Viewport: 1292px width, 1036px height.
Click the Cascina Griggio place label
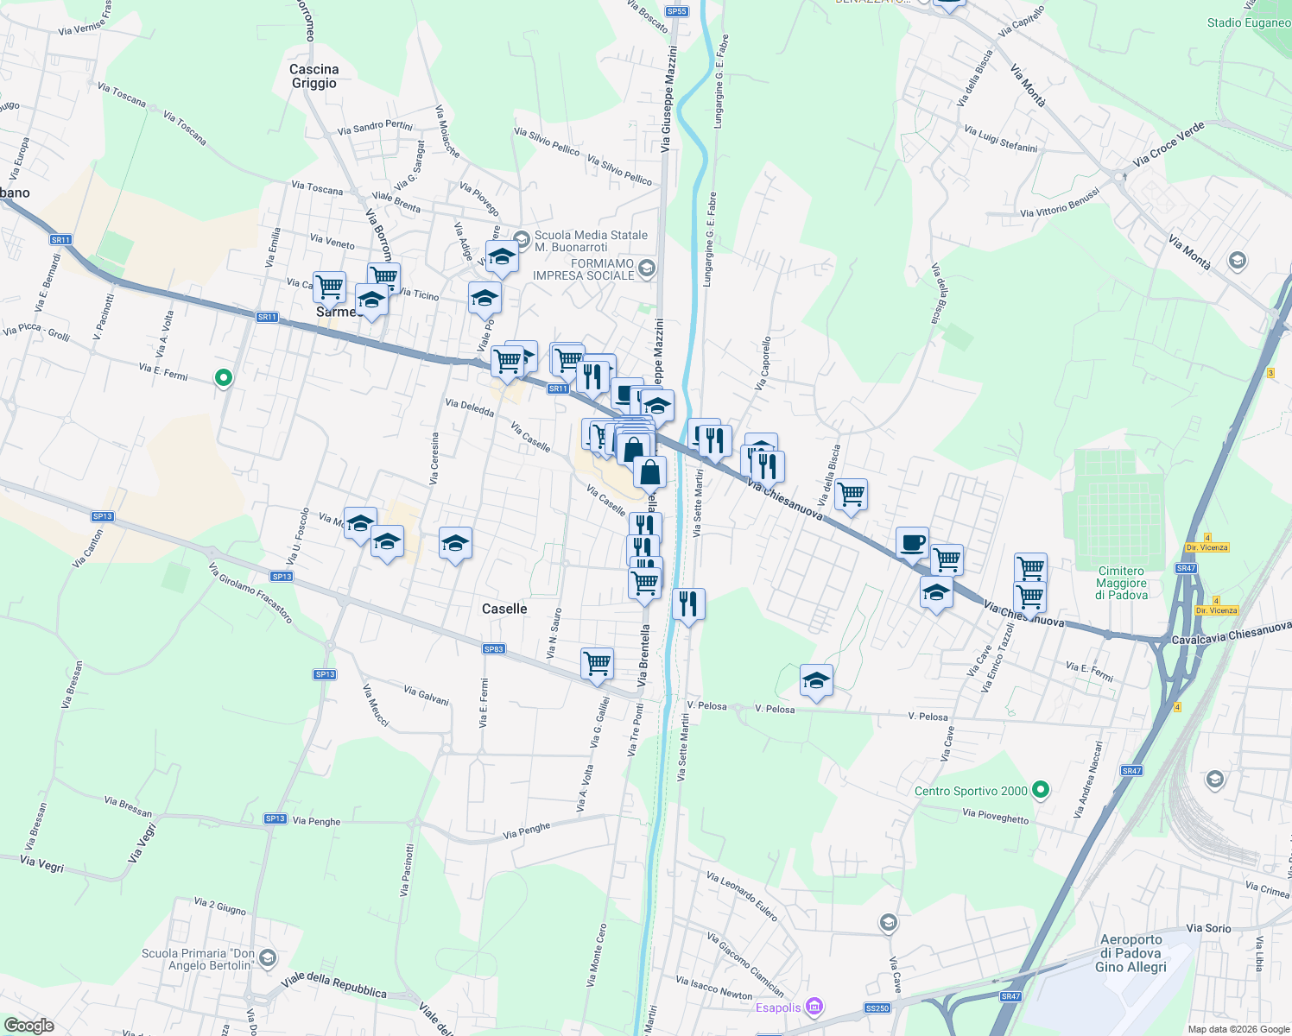[x=314, y=76]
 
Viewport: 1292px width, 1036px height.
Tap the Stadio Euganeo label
[x=1248, y=22]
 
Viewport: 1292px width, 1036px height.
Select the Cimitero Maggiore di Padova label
[x=1122, y=583]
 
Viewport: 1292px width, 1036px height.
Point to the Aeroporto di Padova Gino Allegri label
[x=1131, y=953]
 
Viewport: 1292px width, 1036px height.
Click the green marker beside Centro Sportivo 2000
[x=1041, y=789]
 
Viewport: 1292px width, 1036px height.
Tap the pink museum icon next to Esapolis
[x=814, y=1007]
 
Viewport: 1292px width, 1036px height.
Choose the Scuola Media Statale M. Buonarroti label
[x=591, y=241]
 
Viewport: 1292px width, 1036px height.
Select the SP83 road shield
[x=494, y=649]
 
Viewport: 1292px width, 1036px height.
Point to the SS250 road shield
[x=877, y=1008]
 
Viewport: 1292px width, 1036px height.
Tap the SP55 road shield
[x=677, y=11]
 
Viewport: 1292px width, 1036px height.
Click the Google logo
[x=28, y=1025]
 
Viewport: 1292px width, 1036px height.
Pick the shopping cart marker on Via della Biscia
[x=851, y=495]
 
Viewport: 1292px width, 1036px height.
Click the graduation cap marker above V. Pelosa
[x=816, y=681]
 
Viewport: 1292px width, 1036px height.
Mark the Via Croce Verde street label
[x=1168, y=144]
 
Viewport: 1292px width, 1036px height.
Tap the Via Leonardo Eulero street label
[x=742, y=897]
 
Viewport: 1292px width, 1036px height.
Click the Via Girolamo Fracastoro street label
[x=250, y=593]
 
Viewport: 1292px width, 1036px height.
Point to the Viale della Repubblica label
[x=334, y=986]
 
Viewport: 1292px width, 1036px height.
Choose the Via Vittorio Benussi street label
[x=1060, y=204]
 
